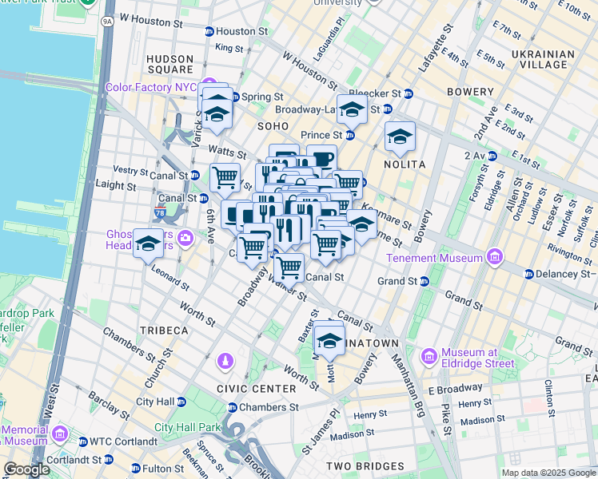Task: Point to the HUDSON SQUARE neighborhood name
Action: coord(169,65)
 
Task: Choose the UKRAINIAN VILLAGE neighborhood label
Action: coord(546,60)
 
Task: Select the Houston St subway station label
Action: coord(241,31)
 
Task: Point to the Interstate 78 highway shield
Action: coord(161,214)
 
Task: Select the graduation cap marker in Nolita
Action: coord(400,137)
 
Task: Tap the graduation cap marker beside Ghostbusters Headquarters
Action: coord(148,244)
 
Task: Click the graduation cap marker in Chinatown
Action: coord(329,341)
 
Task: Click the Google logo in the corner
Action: coord(26,469)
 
